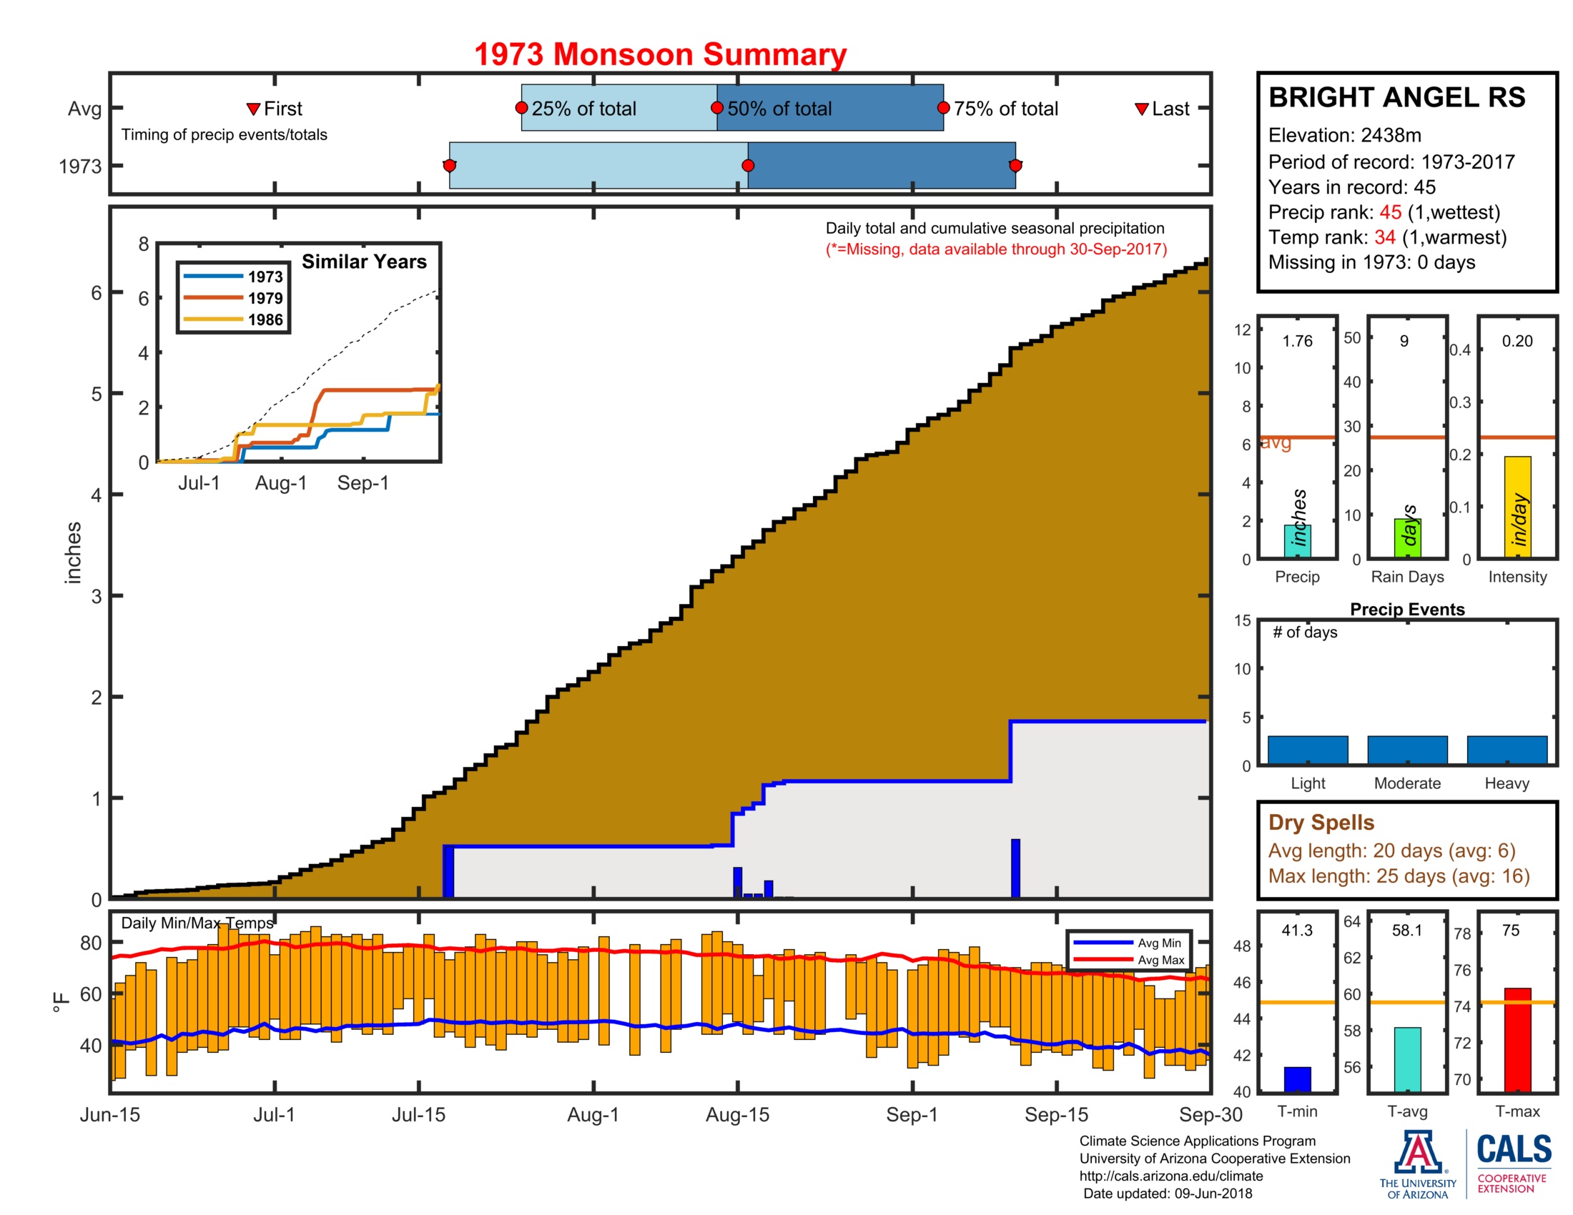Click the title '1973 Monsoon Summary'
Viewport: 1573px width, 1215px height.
[660, 55]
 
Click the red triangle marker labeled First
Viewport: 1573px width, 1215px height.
[253, 109]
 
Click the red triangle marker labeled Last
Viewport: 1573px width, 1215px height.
[1141, 109]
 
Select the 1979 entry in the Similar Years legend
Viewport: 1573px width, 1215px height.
[265, 298]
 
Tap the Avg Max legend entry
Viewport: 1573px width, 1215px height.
[1160, 959]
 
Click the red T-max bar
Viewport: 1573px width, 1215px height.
[1517, 1039]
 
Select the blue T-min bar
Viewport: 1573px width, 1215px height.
[1297, 1078]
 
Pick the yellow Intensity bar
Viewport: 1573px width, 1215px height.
[1517, 507]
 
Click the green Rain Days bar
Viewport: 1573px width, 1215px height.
[1406, 537]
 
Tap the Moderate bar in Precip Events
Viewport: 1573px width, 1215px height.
[1406, 749]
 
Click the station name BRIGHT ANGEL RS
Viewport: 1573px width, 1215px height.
[1396, 98]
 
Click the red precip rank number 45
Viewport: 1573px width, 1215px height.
[1389, 212]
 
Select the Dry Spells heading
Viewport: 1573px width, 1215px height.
[1321, 822]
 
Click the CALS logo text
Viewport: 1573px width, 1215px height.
[1514, 1149]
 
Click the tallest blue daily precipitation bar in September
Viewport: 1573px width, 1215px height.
[1015, 868]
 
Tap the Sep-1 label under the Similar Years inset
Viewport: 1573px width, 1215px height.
[363, 483]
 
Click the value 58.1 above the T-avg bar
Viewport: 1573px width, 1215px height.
[1406, 930]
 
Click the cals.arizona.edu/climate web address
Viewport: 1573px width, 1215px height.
[1170, 1176]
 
